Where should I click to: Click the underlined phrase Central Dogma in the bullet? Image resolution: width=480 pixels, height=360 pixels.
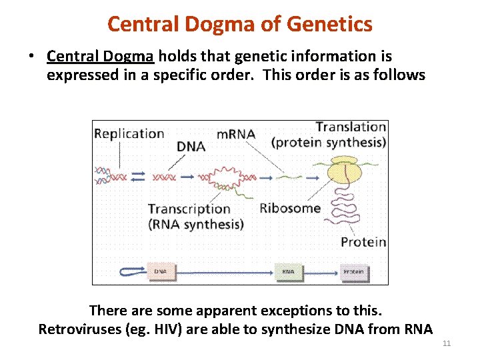(x=101, y=57)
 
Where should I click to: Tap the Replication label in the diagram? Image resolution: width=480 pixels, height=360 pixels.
(x=129, y=133)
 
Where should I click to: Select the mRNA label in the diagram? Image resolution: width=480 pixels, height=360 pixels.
(x=236, y=134)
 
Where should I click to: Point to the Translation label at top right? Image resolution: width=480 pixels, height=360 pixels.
(x=351, y=127)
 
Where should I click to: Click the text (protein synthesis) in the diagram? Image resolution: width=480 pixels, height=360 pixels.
(x=329, y=142)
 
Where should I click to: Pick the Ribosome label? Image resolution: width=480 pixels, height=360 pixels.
(x=289, y=208)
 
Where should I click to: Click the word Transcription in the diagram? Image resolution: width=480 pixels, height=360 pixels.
(x=189, y=209)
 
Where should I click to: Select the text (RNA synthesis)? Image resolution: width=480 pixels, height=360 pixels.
(x=195, y=225)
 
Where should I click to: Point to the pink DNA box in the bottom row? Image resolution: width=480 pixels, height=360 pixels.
(x=161, y=271)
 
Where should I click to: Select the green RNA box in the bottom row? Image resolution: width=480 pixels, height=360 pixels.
(x=288, y=271)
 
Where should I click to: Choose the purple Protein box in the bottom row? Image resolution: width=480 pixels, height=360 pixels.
(x=353, y=271)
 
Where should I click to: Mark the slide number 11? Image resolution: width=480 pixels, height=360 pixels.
(x=447, y=343)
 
